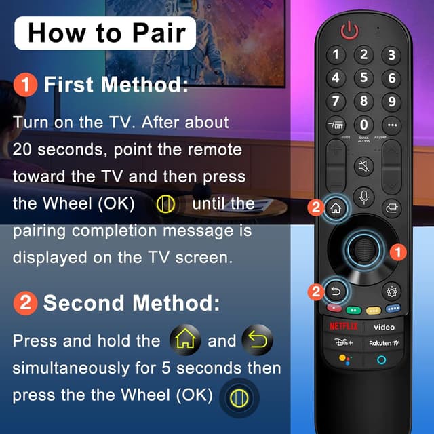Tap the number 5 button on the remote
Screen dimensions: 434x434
coord(363,78)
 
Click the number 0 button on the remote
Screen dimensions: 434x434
coord(363,124)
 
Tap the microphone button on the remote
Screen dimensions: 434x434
coord(363,197)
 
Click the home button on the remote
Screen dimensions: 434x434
coord(335,208)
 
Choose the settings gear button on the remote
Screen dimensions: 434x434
coord(391,292)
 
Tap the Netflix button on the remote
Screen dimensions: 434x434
coord(344,326)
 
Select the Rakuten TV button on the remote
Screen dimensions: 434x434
coord(383,344)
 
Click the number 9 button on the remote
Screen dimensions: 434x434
coord(390,102)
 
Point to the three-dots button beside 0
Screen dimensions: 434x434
coord(390,125)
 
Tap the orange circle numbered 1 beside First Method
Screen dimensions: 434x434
coord(25,85)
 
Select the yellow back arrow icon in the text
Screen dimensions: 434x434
coord(258,340)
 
